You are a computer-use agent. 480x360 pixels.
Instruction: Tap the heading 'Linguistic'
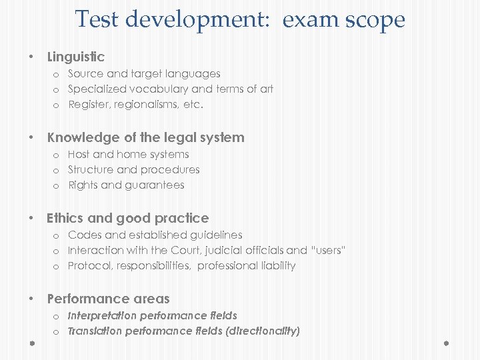pyautogui.click(x=75, y=57)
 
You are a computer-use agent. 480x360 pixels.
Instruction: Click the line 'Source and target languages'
pyautogui.click(x=144, y=73)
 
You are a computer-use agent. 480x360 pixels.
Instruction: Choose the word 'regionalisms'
pyautogui.click(x=143, y=104)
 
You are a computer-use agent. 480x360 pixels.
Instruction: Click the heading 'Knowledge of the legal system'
pyautogui.click(x=145, y=137)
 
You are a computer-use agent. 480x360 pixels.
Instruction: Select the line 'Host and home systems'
pyautogui.click(x=128, y=154)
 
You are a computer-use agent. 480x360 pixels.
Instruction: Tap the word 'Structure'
pyautogui.click(x=90, y=169)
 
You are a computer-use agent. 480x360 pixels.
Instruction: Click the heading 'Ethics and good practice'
pyautogui.click(x=127, y=218)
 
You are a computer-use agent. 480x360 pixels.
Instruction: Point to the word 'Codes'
pyautogui.click(x=83, y=235)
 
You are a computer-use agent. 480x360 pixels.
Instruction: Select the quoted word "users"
pyautogui.click(x=328, y=250)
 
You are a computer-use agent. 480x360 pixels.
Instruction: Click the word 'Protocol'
pyautogui.click(x=89, y=265)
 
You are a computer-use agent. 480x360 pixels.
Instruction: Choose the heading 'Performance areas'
pyautogui.click(x=108, y=299)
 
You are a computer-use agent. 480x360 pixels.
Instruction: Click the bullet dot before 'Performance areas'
pyautogui.click(x=31, y=299)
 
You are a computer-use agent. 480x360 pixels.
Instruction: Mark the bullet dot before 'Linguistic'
pyautogui.click(x=31, y=57)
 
